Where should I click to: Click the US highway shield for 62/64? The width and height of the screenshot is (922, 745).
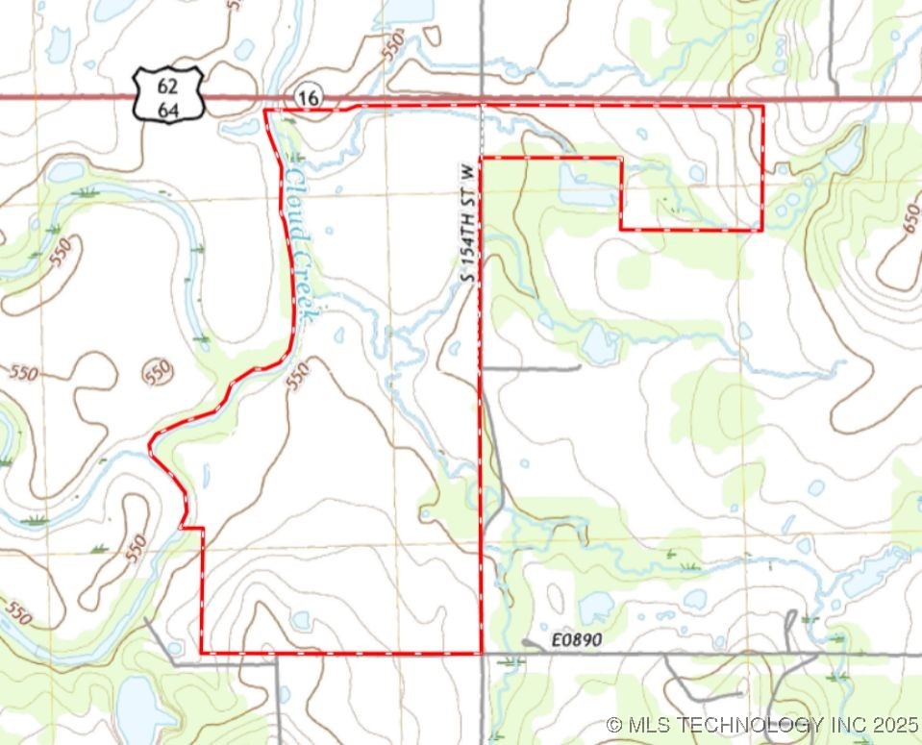168,94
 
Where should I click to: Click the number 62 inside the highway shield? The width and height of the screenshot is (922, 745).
168,85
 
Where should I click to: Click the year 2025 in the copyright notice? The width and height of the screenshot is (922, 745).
896,724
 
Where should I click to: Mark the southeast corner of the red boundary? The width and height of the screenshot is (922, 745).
481,653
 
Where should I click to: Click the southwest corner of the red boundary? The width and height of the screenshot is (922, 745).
202,653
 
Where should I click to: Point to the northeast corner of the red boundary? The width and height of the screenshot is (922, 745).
762,107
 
